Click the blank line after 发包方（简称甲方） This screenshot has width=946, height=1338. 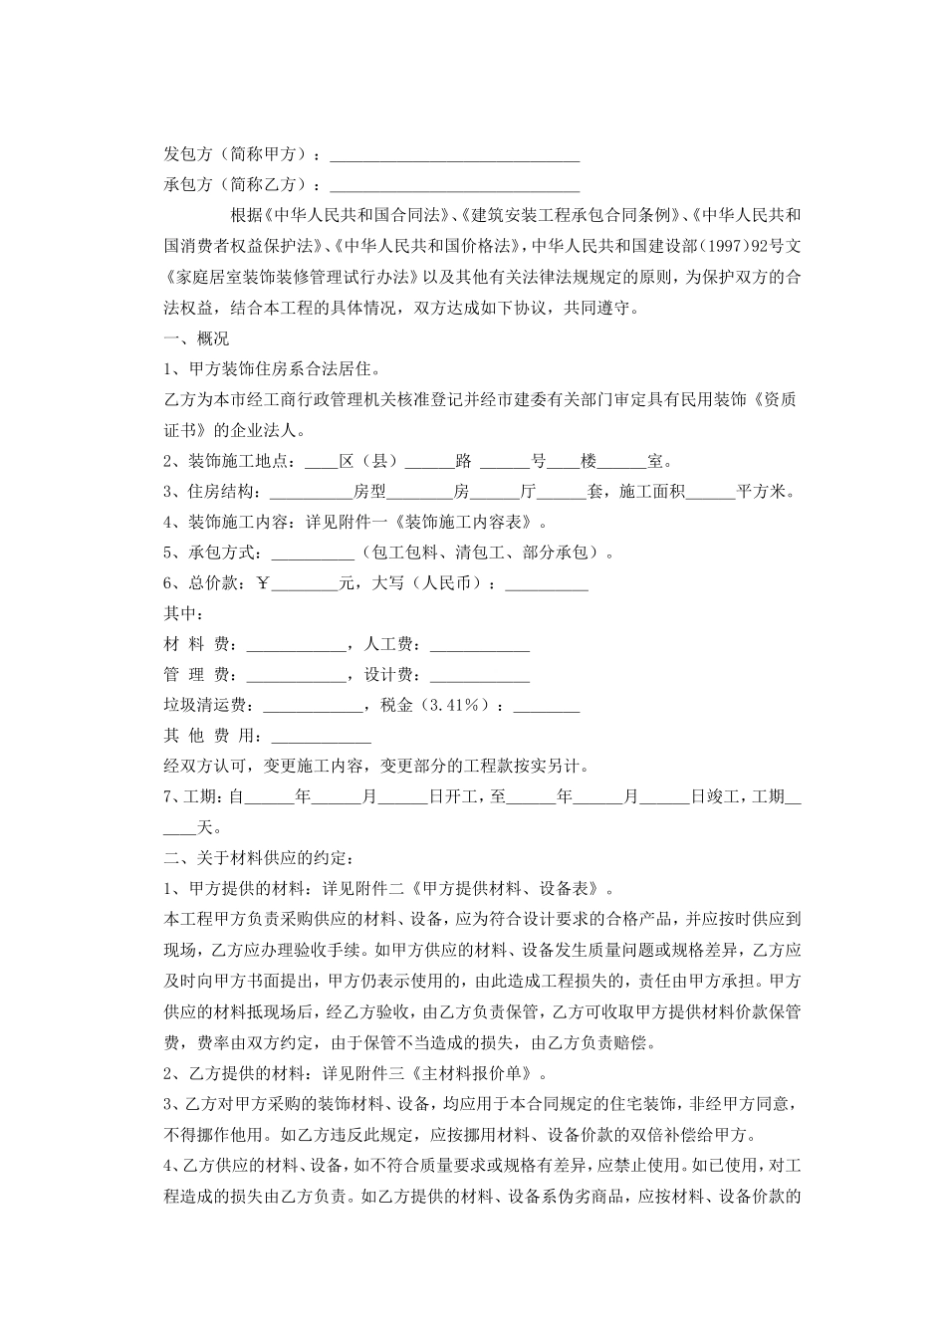point(454,157)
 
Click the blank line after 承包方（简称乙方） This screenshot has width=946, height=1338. point(454,187)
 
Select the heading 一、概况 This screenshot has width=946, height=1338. point(195,338)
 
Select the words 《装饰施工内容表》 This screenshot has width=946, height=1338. point(470,523)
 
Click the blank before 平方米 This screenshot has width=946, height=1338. point(710,493)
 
